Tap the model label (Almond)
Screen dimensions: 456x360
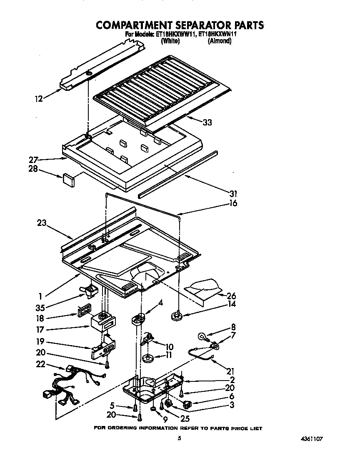click(220, 41)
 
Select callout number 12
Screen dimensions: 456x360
click(38, 99)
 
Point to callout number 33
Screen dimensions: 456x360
click(207, 123)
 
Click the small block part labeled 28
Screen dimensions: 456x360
click(68, 180)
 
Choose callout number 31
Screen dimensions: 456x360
click(233, 193)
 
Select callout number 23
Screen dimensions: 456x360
click(41, 223)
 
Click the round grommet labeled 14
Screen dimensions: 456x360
click(178, 315)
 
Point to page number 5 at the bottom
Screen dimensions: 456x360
click(179, 438)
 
